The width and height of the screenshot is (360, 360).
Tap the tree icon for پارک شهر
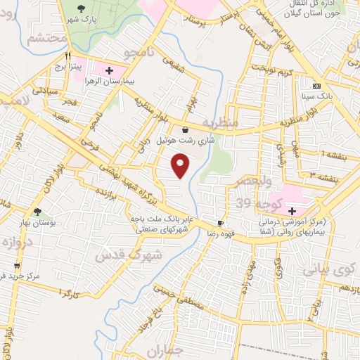tap(82, 9)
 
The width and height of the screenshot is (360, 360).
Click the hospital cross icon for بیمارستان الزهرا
tap(109, 70)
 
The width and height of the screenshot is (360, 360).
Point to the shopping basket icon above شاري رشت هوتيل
tap(184, 129)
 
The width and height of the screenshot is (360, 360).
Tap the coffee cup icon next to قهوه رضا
tap(221, 223)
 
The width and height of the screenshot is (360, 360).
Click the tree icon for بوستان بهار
tap(37, 212)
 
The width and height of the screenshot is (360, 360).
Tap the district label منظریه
tap(218, 124)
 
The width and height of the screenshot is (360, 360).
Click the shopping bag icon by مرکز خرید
tap(17, 266)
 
